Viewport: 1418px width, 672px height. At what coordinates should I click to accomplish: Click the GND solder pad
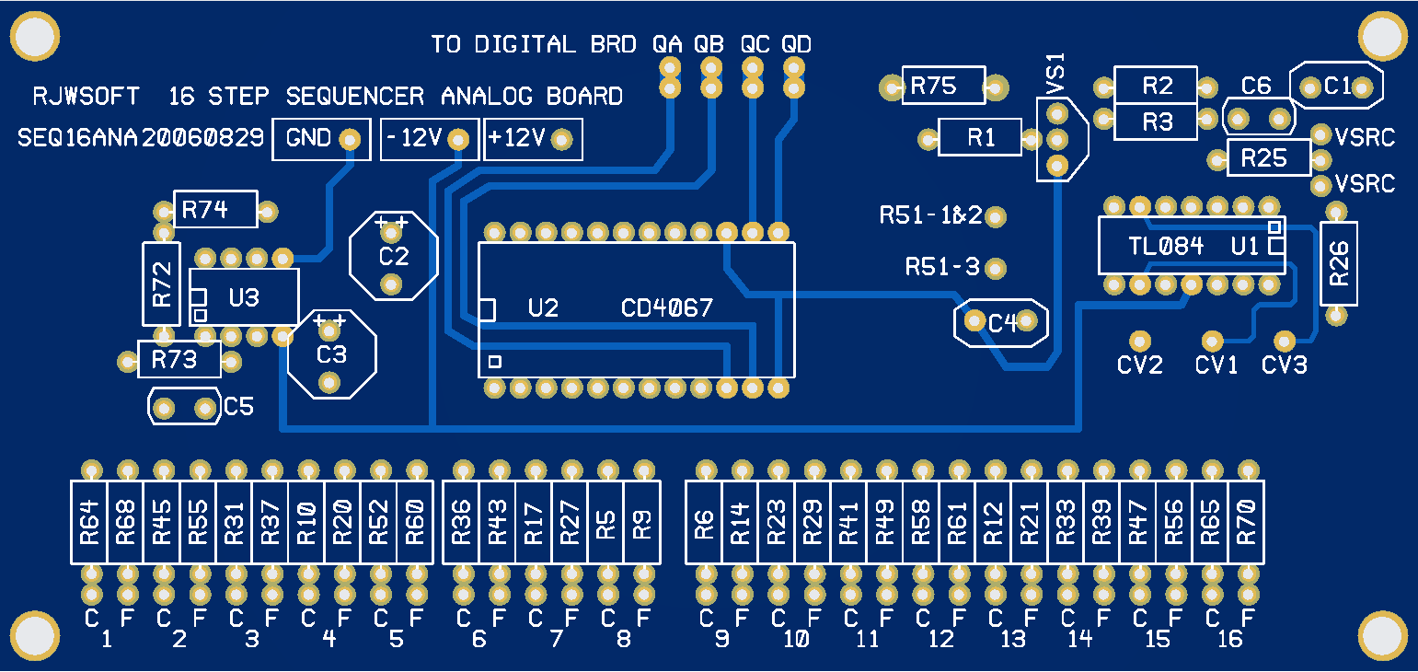pyautogui.click(x=350, y=139)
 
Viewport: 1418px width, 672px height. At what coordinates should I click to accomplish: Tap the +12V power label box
pyautogui.click(x=533, y=139)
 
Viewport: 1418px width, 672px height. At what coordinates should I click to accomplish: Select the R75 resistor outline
pyautogui.click(x=944, y=87)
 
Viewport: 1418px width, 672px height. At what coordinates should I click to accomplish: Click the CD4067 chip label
pyautogui.click(x=667, y=308)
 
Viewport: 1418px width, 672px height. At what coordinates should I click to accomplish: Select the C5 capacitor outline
pyautogui.click(x=185, y=407)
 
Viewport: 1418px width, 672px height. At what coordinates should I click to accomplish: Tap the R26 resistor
pyautogui.click(x=1339, y=263)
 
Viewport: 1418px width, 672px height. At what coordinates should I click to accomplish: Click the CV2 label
pyautogui.click(x=1140, y=365)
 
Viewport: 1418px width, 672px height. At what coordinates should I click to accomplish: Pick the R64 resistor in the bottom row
pyautogui.click(x=89, y=522)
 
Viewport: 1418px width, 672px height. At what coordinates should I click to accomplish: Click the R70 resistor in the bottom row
pyautogui.click(x=1248, y=522)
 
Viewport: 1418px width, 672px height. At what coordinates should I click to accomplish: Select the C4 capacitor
pyautogui.click(x=1001, y=322)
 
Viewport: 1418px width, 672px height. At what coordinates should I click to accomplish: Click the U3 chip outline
pyautogui.click(x=244, y=296)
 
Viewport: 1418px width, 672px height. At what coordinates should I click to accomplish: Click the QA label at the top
pyautogui.click(x=667, y=44)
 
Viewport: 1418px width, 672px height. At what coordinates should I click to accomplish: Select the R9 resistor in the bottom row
pyautogui.click(x=642, y=522)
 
